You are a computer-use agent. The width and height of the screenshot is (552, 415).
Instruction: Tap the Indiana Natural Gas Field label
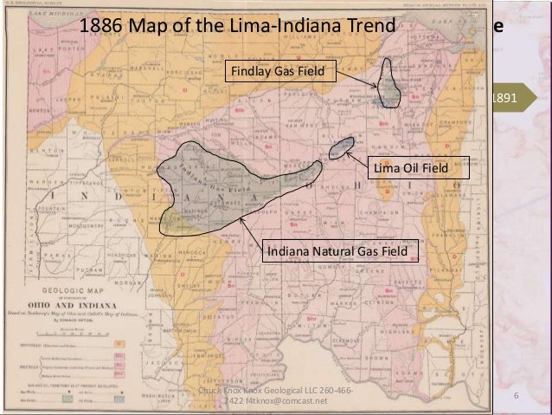[334, 251]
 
